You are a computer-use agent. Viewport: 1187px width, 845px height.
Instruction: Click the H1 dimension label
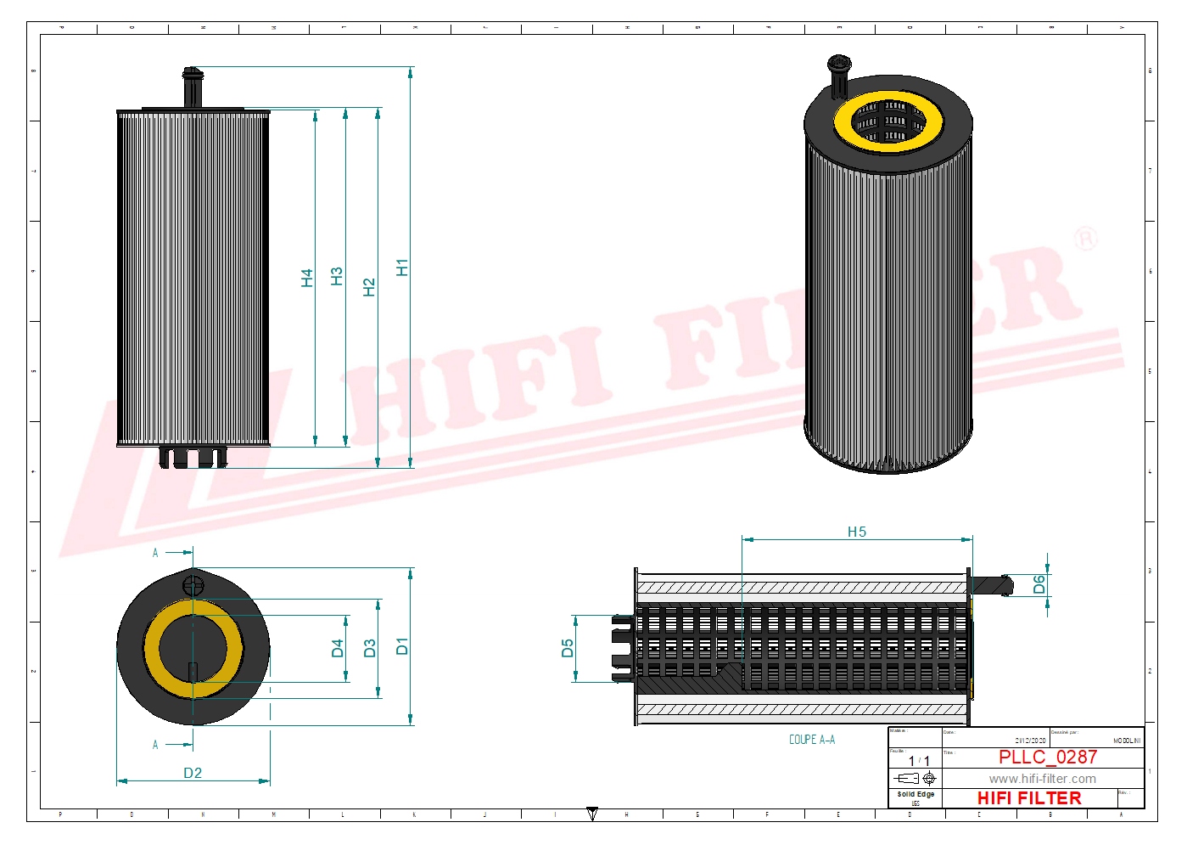pyautogui.click(x=402, y=268)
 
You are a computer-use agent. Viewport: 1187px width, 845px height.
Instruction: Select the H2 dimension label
pyautogui.click(x=368, y=287)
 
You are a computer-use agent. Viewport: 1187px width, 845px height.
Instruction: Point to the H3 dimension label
pyautogui.click(x=337, y=276)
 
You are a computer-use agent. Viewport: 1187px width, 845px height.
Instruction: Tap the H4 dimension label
pyautogui.click(x=307, y=278)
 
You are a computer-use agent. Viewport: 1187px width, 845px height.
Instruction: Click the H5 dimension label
pyautogui.click(x=857, y=532)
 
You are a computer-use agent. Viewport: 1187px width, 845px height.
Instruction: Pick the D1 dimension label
pyautogui.click(x=402, y=645)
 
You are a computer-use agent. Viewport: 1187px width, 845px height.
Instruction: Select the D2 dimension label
pyautogui.click(x=193, y=773)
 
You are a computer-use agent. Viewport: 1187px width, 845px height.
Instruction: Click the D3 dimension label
pyautogui.click(x=369, y=649)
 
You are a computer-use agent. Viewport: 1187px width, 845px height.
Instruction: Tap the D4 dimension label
pyautogui.click(x=338, y=649)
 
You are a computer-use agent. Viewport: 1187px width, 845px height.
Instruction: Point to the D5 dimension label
pyautogui.click(x=568, y=648)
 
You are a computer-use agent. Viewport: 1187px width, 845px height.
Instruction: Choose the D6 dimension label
pyautogui.click(x=1039, y=584)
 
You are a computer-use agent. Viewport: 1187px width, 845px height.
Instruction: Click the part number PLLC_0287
pyautogui.click(x=1048, y=757)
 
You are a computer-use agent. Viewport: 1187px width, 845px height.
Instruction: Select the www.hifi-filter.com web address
pyautogui.click(x=1042, y=779)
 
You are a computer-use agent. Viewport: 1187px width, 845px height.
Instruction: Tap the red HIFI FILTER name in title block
pyautogui.click(x=1029, y=798)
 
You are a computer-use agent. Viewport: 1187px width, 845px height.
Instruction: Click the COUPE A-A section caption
pyautogui.click(x=812, y=740)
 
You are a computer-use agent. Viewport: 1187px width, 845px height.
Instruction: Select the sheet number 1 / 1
pyautogui.click(x=919, y=761)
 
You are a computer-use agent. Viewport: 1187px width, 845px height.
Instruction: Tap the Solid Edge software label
pyautogui.click(x=915, y=795)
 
